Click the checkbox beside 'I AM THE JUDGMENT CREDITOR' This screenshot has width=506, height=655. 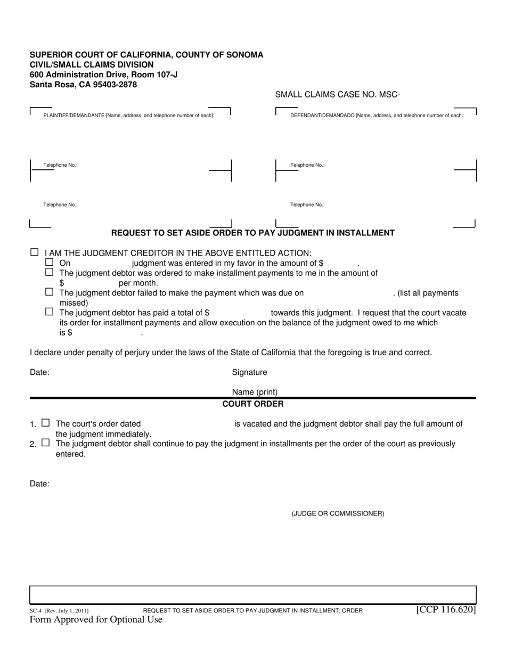click(x=35, y=252)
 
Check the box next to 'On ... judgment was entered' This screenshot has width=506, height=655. click(x=50, y=262)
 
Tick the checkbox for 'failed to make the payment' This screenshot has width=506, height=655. click(x=50, y=292)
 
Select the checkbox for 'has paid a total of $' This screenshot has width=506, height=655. click(x=50, y=312)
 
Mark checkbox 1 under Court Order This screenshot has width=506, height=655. click(x=45, y=423)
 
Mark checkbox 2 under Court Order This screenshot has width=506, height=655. click(x=45, y=443)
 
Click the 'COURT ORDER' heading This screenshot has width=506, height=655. click(x=252, y=404)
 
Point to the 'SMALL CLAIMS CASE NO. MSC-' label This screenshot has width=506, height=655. click(x=337, y=95)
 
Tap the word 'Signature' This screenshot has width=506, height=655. click(x=249, y=372)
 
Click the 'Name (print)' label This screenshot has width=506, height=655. click(x=255, y=392)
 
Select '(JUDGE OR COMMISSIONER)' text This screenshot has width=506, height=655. click(x=338, y=513)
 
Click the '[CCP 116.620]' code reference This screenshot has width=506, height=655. click(x=446, y=609)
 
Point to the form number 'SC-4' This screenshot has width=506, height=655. click(x=36, y=611)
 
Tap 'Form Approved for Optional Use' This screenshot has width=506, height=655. click(x=96, y=619)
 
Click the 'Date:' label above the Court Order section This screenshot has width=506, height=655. click(x=39, y=372)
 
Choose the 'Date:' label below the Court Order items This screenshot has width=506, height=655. click(x=39, y=484)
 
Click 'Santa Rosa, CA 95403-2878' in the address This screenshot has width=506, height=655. click(x=83, y=84)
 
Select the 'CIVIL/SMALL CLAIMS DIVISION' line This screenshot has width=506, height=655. click(x=92, y=64)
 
